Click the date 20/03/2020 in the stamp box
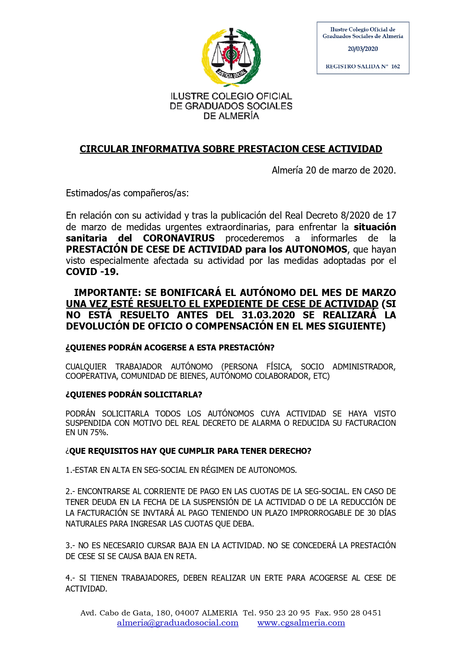(x=363, y=49)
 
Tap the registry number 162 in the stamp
(x=395, y=66)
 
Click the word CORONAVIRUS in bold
(x=179, y=238)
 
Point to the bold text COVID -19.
(x=92, y=272)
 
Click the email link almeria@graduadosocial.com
(x=178, y=623)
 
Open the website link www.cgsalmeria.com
(x=301, y=623)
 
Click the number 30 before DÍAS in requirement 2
(x=371, y=513)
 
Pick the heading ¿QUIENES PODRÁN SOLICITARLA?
(x=134, y=394)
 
